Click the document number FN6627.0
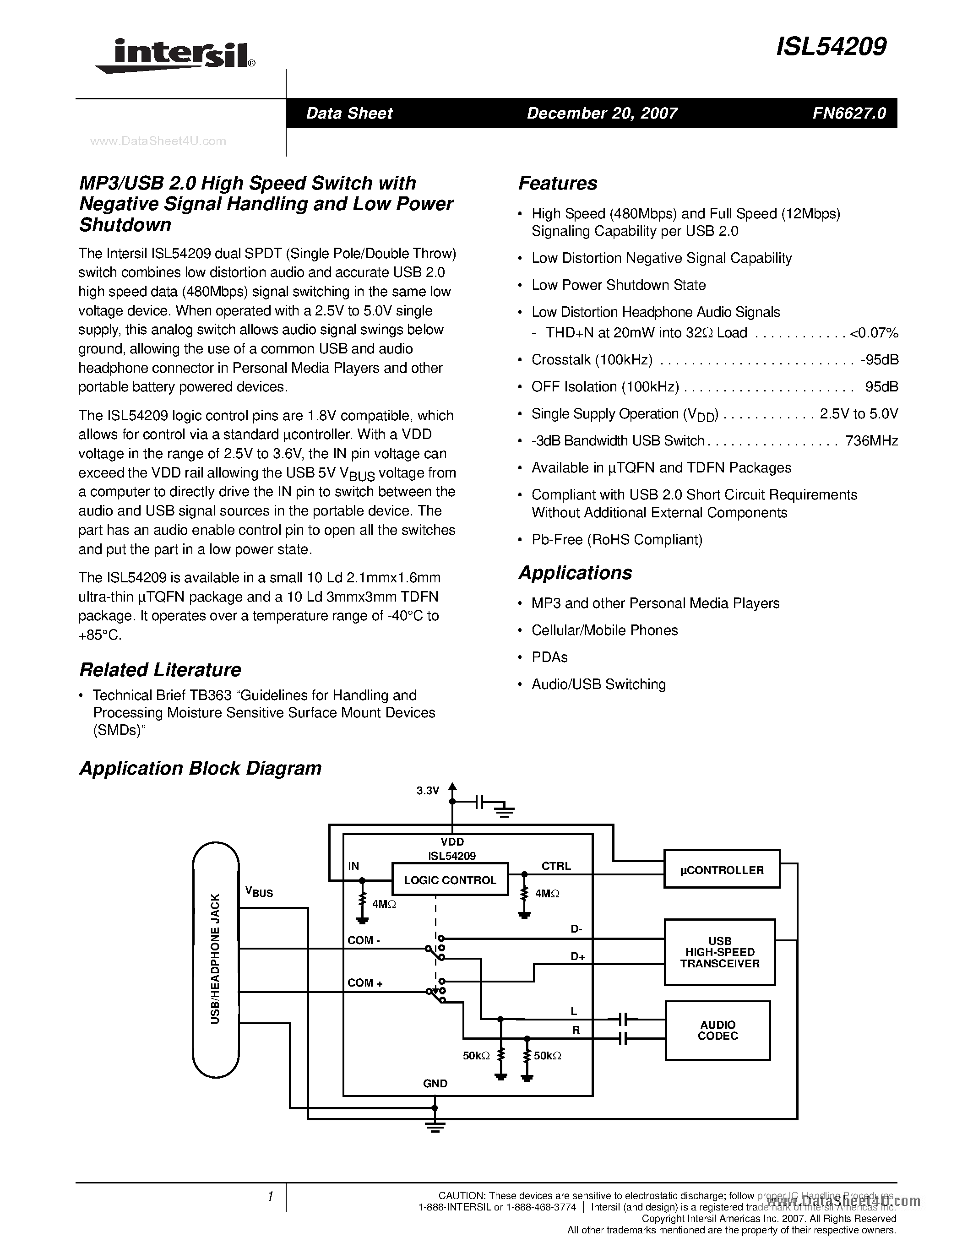[x=849, y=113]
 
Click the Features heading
[x=557, y=183]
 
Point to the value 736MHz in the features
[x=871, y=441]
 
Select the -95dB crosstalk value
[x=879, y=360]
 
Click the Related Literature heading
[x=160, y=670]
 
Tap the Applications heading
[x=575, y=573]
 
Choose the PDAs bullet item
[x=549, y=657]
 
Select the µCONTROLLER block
[x=721, y=870]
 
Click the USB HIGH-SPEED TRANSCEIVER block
[x=719, y=952]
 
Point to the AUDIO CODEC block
[x=718, y=1030]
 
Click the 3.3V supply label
[x=428, y=791]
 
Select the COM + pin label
[x=365, y=983]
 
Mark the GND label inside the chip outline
[x=435, y=1083]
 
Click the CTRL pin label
[x=556, y=866]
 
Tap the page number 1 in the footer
[x=270, y=1197]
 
